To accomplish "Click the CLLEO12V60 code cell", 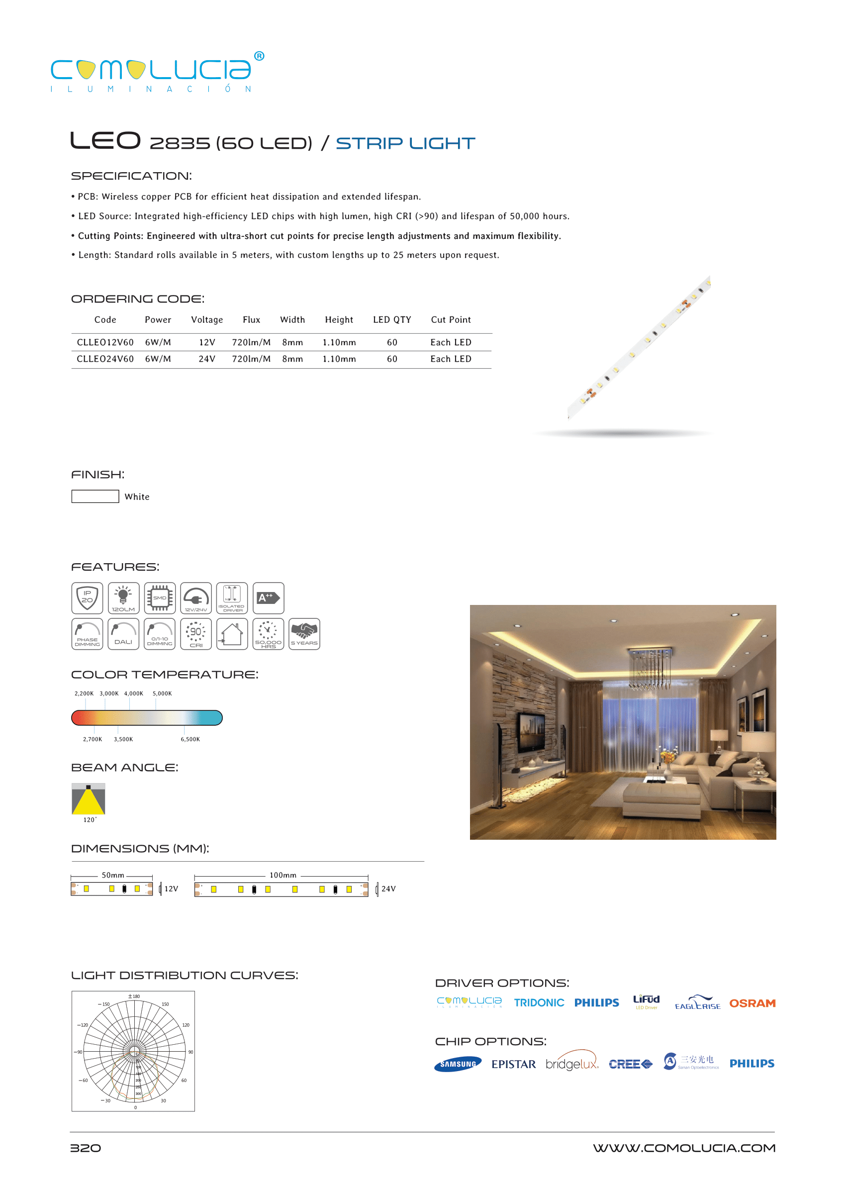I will [105, 342].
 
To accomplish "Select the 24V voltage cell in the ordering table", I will [207, 359].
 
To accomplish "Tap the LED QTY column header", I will [392, 320].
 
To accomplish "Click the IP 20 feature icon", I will [87, 597].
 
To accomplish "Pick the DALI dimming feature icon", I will [123, 634].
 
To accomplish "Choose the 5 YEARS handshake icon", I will [304, 634].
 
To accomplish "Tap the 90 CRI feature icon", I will [196, 634].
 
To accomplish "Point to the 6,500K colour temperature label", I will [190, 739].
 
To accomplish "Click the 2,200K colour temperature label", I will [84, 693].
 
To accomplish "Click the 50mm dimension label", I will [112, 876].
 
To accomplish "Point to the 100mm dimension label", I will [283, 876].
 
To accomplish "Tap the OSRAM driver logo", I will [752, 1003].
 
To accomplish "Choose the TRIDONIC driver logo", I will [539, 1003].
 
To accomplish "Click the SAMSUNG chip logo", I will [458, 1064].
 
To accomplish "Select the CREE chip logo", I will [630, 1064].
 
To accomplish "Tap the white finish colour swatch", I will [95, 496].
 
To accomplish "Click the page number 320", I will [86, 1148].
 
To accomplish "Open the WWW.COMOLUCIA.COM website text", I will [684, 1148].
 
